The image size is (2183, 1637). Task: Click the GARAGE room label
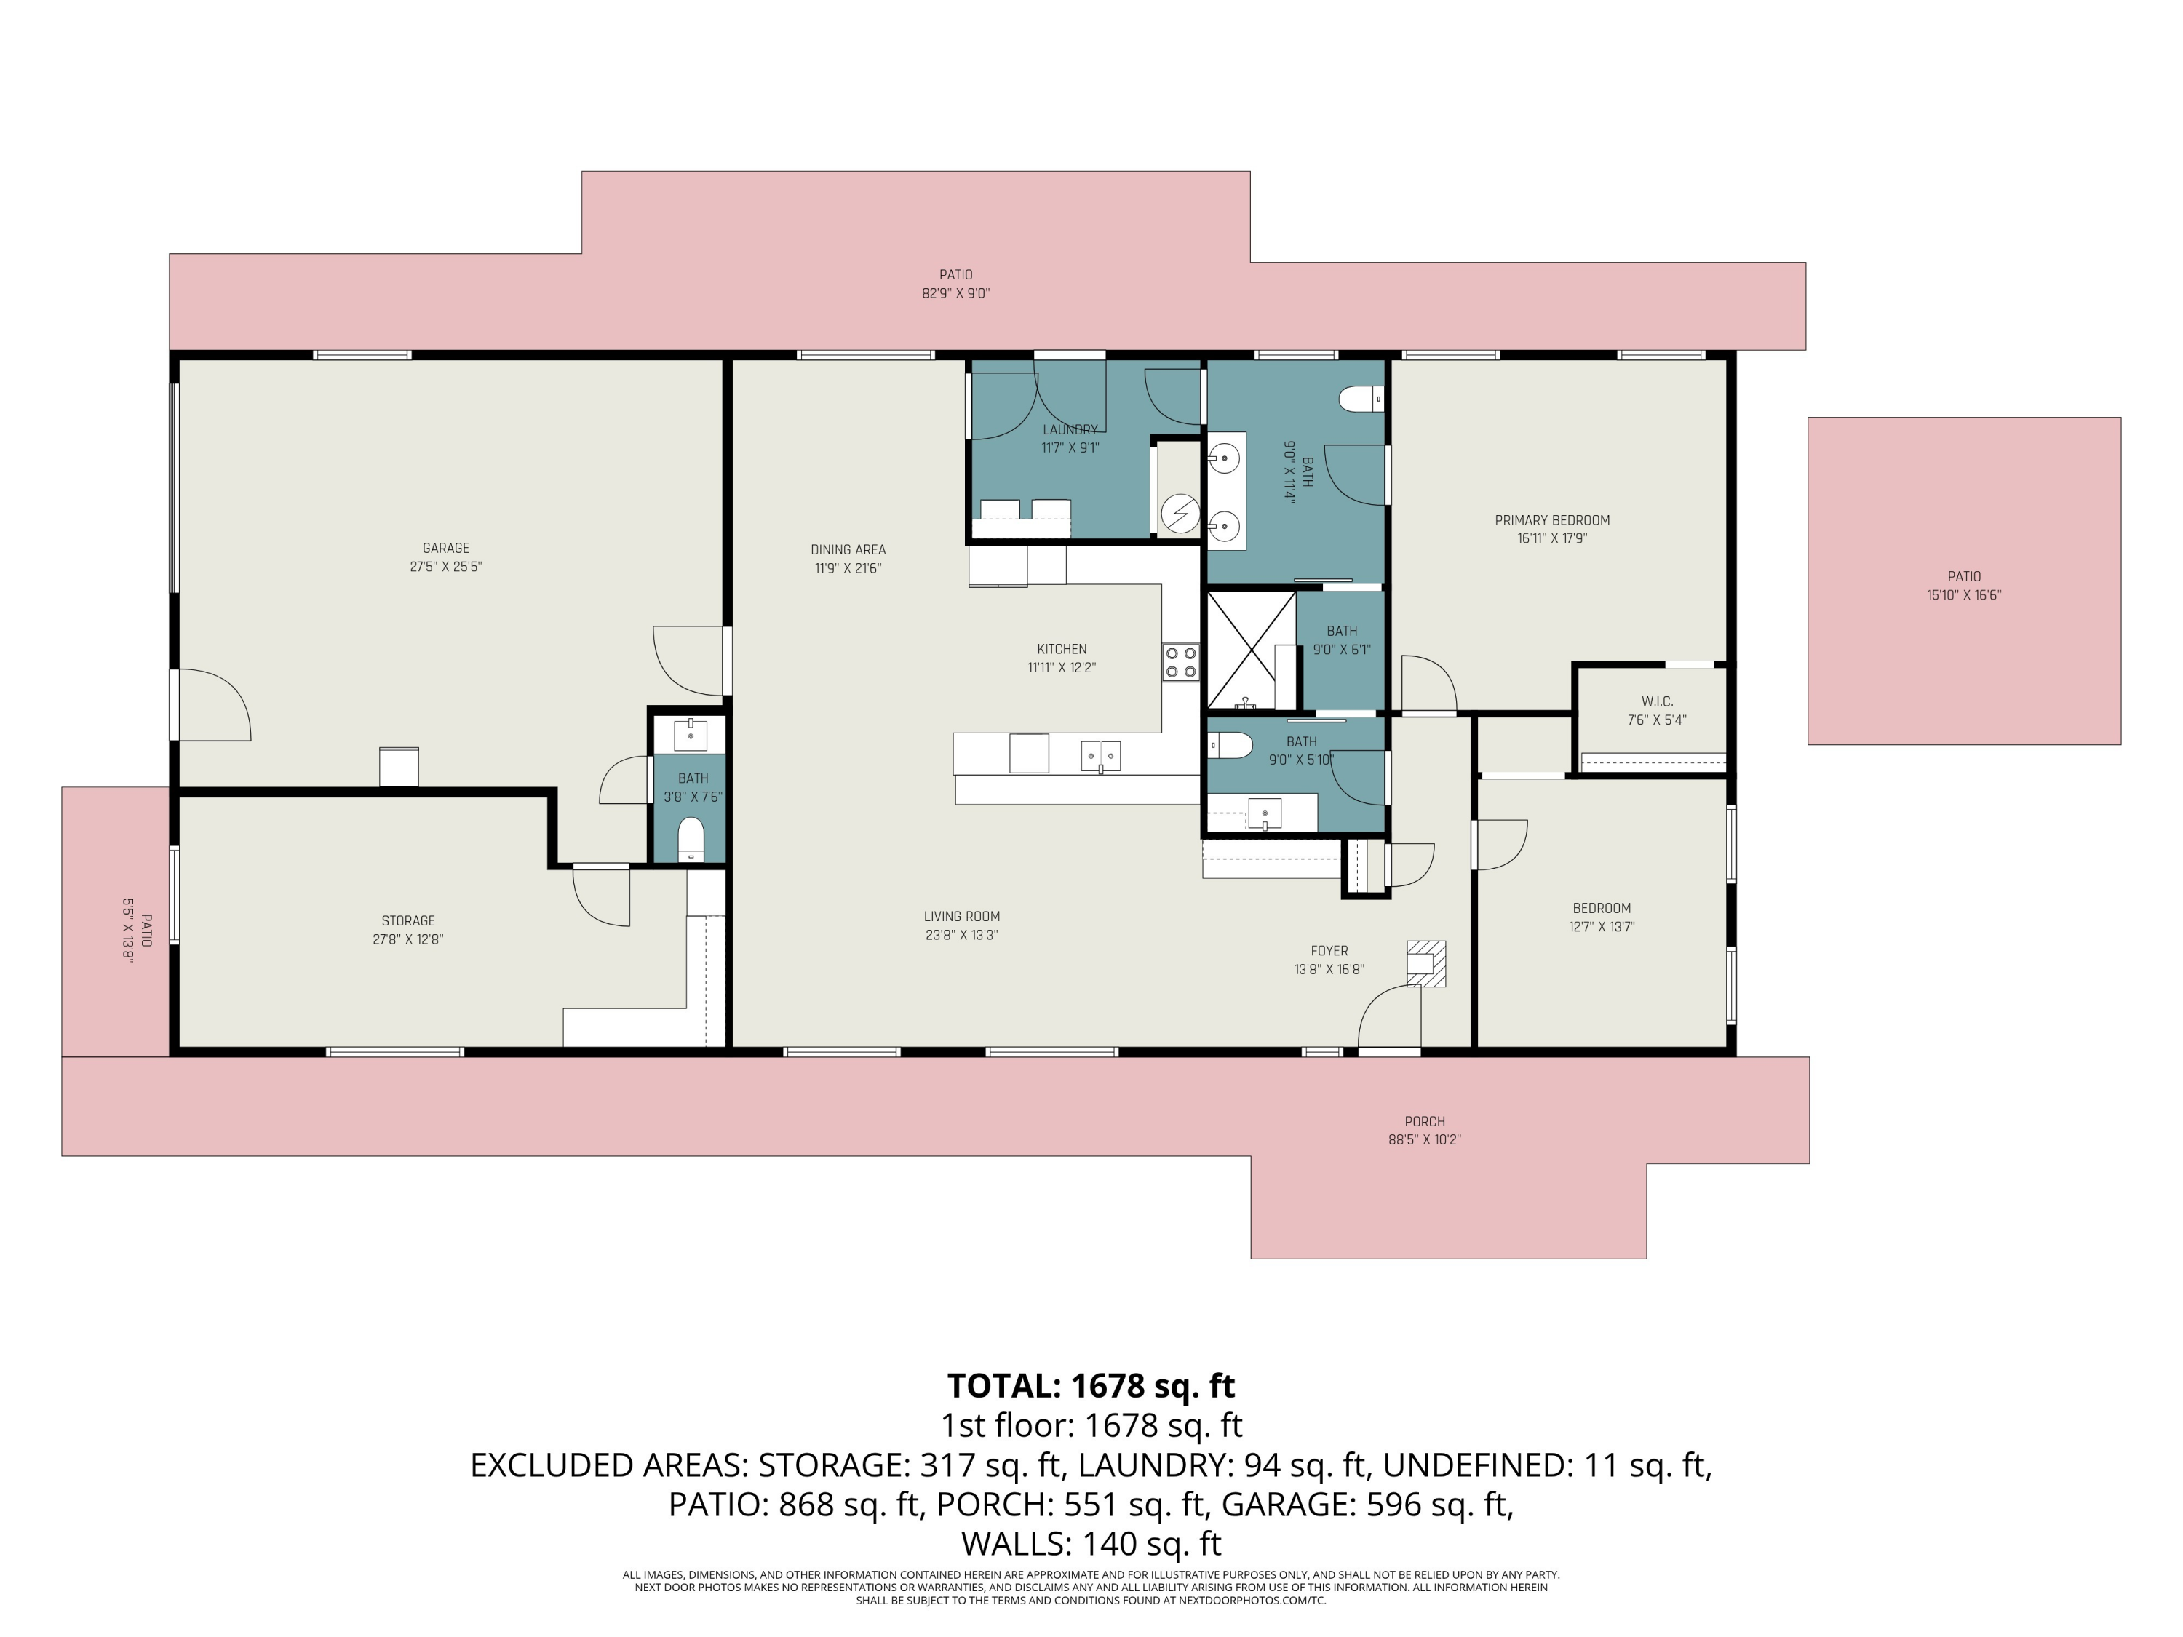point(445,548)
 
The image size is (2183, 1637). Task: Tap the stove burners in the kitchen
point(1181,662)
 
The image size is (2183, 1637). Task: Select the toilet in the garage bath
point(691,839)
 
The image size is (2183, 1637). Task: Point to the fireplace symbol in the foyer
point(1426,963)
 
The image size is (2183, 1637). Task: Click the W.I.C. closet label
point(1657,701)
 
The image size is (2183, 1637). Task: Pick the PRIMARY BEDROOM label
point(1552,520)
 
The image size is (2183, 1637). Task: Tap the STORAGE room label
point(407,920)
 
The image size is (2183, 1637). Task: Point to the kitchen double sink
point(1100,756)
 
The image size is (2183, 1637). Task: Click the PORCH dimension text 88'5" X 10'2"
point(1424,1139)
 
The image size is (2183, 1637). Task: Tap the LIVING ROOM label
point(961,917)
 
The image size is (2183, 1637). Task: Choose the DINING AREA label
point(848,549)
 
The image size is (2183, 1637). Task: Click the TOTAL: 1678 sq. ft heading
point(1091,1385)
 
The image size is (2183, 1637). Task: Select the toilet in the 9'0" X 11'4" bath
point(1361,399)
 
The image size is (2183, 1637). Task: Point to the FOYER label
point(1329,951)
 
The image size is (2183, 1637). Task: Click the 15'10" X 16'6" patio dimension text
point(1964,595)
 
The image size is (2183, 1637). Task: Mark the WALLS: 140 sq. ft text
point(1091,1543)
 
